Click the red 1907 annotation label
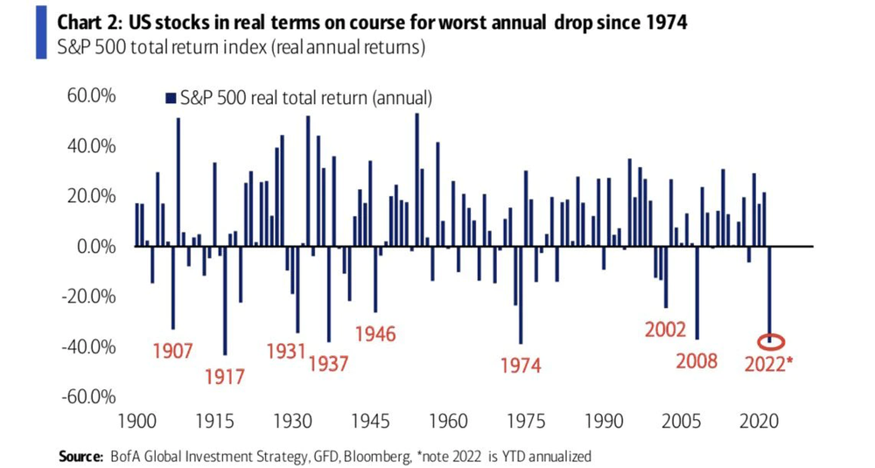[x=172, y=353]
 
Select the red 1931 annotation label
[x=286, y=352]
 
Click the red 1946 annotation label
[x=374, y=333]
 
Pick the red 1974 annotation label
[x=521, y=366]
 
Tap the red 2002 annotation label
[x=665, y=330]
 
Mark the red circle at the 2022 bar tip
[x=771, y=342]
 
